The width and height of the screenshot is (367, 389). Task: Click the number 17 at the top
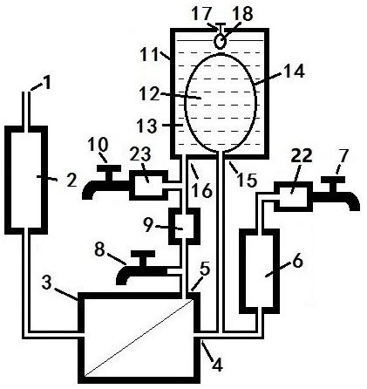(202, 15)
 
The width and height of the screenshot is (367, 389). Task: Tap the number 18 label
(243, 14)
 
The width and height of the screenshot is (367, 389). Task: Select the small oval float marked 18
(221, 41)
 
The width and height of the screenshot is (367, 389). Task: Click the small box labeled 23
(148, 185)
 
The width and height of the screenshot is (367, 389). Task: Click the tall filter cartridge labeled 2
(26, 181)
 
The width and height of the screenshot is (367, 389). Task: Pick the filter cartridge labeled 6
(260, 271)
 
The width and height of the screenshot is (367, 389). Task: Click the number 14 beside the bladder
(294, 72)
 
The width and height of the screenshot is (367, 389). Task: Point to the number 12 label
(149, 94)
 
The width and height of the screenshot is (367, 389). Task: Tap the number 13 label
(147, 126)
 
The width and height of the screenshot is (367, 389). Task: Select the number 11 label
(150, 54)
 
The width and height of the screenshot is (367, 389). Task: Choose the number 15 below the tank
(248, 181)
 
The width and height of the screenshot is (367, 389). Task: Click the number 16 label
(203, 191)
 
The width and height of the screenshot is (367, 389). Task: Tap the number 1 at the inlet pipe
(47, 83)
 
